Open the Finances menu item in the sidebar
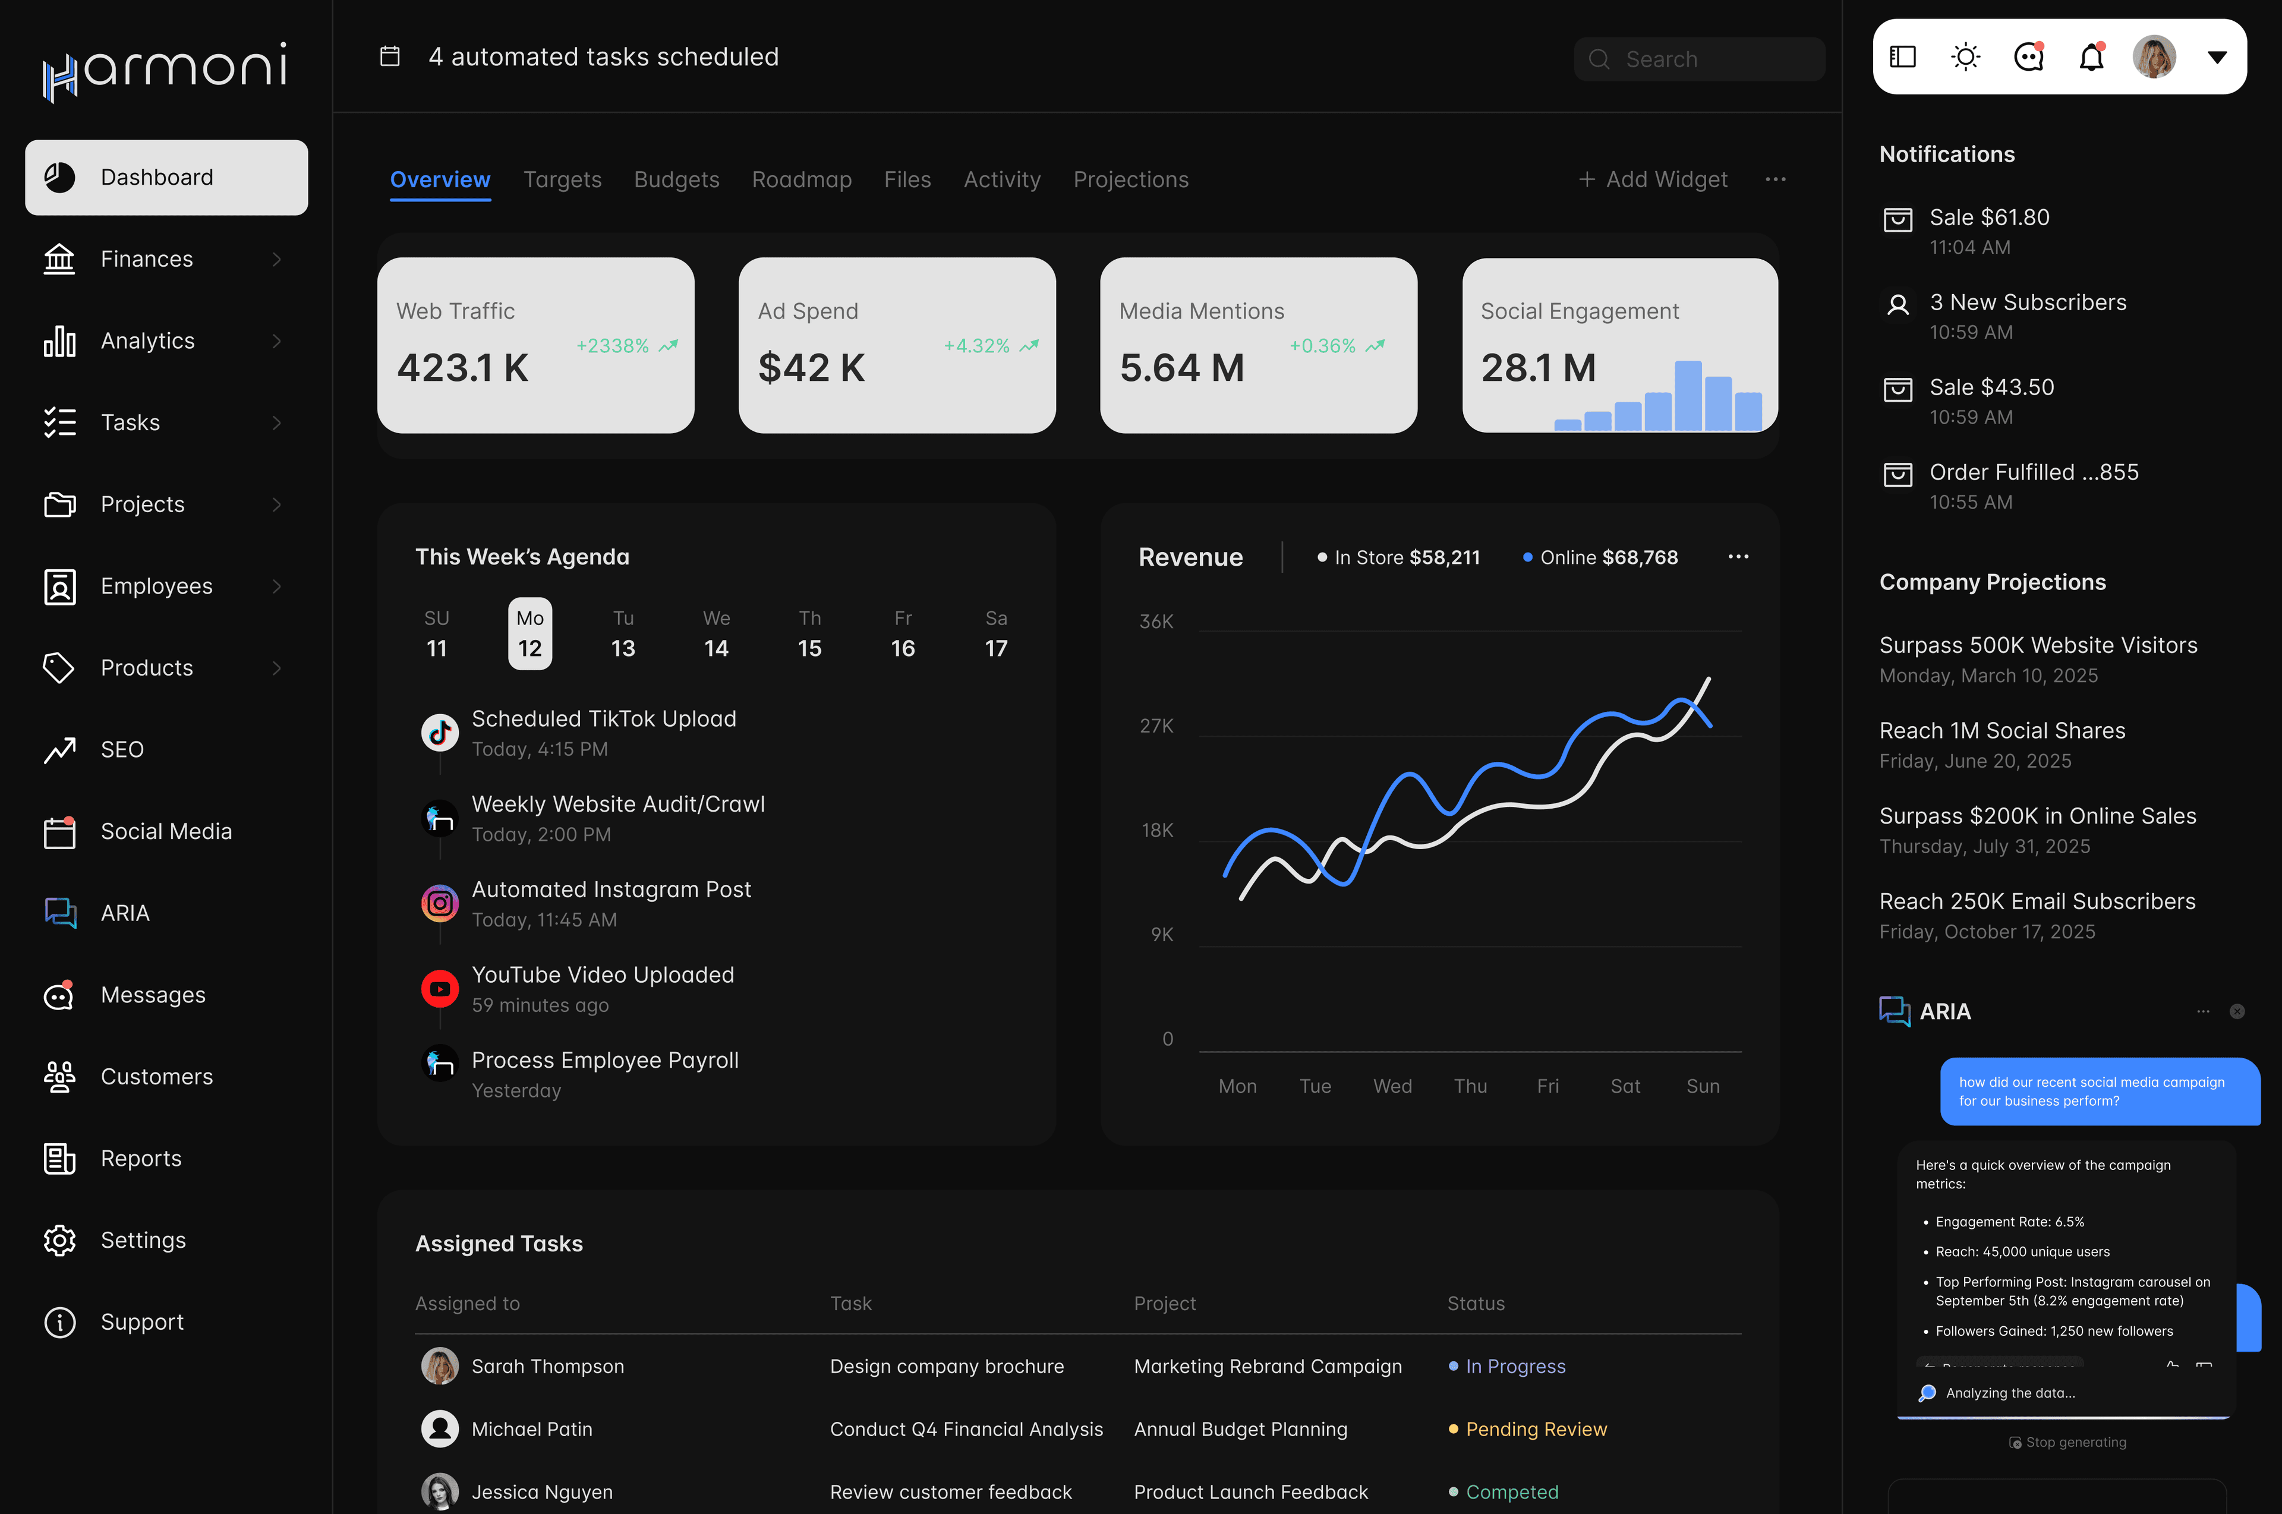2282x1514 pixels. (x=147, y=259)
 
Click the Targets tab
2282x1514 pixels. (x=562, y=179)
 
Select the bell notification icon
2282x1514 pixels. (x=2091, y=57)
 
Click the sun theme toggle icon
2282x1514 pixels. (x=1965, y=57)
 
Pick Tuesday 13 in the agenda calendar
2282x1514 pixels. (x=623, y=635)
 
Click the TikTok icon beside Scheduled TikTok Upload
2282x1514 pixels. (x=439, y=733)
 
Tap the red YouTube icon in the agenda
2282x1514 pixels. (x=439, y=989)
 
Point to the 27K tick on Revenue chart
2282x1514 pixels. (x=1157, y=726)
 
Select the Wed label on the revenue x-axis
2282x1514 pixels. (x=1392, y=1086)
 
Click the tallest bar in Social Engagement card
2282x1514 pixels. (x=1687, y=395)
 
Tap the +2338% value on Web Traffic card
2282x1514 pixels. (x=612, y=346)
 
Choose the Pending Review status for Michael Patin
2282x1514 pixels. (x=1536, y=1429)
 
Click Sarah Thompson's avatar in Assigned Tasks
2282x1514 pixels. (x=439, y=1366)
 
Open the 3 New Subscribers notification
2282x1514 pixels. (x=2027, y=303)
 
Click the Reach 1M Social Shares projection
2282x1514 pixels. (x=2002, y=731)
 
